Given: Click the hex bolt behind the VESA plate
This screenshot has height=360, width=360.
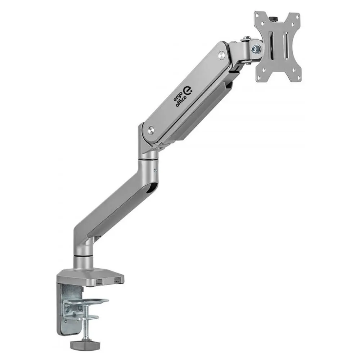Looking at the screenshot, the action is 255,49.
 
